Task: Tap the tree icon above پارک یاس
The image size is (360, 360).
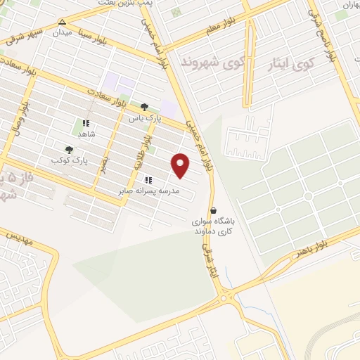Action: [x=144, y=108]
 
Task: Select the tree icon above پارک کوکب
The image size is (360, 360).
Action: [x=69, y=150]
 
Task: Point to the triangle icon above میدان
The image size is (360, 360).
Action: [x=63, y=22]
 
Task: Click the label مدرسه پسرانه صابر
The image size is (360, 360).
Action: [x=150, y=191]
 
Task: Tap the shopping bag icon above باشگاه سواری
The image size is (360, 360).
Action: [x=214, y=210]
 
